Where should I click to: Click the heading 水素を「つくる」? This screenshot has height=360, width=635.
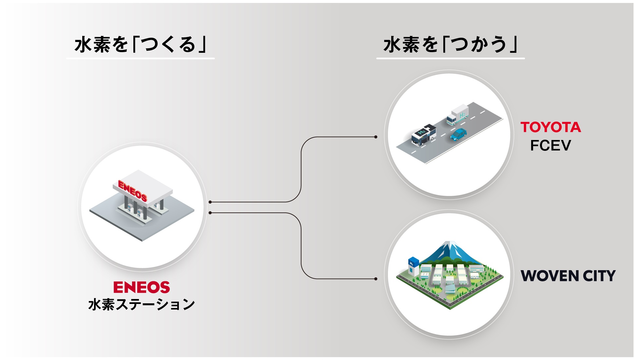pyautogui.click(x=140, y=45)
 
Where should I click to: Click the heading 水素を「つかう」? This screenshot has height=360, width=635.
pyautogui.click(x=450, y=45)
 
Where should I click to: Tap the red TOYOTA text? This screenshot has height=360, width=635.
pyautogui.click(x=550, y=127)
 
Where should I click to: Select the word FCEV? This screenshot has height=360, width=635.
pyautogui.click(x=550, y=146)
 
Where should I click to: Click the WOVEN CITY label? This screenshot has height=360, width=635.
pyautogui.click(x=568, y=276)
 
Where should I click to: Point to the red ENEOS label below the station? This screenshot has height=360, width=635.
pyautogui.click(x=142, y=287)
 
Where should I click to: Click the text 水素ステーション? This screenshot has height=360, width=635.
pyautogui.click(x=142, y=305)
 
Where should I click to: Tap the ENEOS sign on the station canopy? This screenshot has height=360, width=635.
pyautogui.click(x=132, y=190)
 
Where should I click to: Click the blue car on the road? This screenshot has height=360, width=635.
pyautogui.click(x=458, y=134)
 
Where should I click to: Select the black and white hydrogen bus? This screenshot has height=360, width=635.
pyautogui.click(x=424, y=134)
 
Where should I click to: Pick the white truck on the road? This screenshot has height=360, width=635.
pyautogui.click(x=458, y=115)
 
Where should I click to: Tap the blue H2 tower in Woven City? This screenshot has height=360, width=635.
pyautogui.click(x=413, y=266)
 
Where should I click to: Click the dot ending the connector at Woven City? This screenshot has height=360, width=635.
pyautogui.click(x=376, y=279)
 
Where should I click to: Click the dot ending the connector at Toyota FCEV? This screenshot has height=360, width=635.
pyautogui.click(x=376, y=137)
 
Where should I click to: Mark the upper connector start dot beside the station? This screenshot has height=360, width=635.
pyautogui.click(x=210, y=202)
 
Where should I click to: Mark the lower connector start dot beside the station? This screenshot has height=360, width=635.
pyautogui.click(x=210, y=213)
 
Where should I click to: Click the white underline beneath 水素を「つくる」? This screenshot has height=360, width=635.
pyautogui.click(x=140, y=59)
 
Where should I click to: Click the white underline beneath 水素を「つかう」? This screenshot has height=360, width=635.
pyautogui.click(x=450, y=59)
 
